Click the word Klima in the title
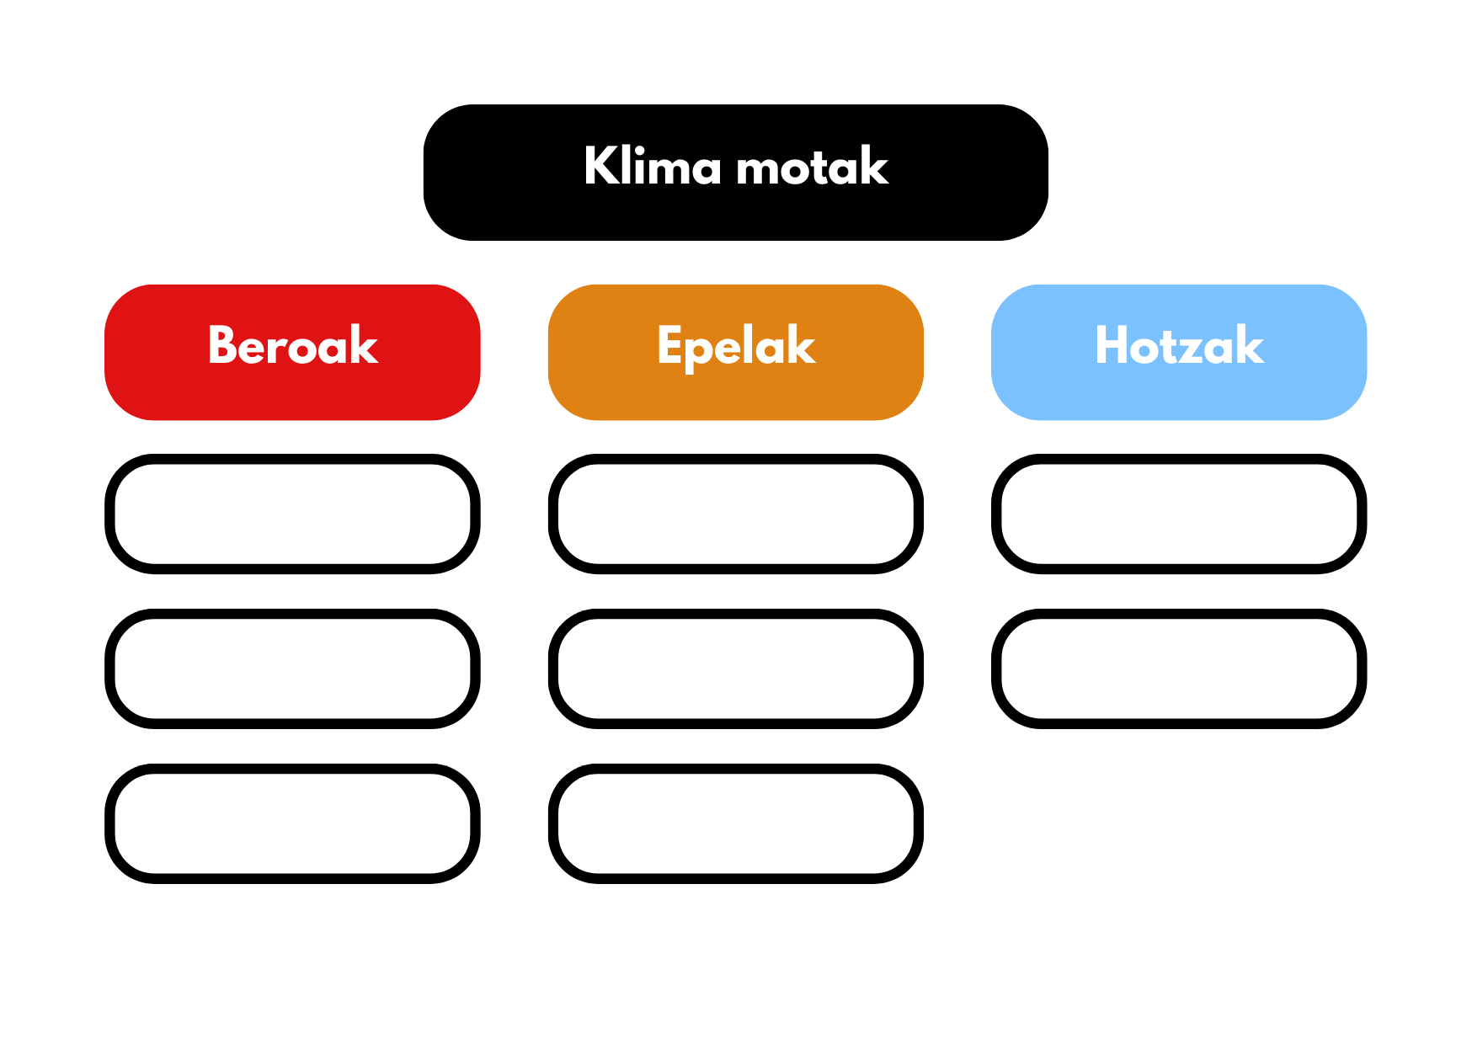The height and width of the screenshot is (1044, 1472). tap(653, 165)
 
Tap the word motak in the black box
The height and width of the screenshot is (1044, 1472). tap(813, 165)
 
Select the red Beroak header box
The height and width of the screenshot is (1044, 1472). tap(292, 352)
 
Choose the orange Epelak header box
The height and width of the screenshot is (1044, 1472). tap(736, 352)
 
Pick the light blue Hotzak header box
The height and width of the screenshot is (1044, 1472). tap(1179, 352)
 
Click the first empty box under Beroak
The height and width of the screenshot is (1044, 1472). tap(292, 461)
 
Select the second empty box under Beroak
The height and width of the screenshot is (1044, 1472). tap(292, 615)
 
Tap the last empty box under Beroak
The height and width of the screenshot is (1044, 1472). tap(292, 770)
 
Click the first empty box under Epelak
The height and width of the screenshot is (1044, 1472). tap(736, 461)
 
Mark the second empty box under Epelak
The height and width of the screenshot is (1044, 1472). tap(736, 615)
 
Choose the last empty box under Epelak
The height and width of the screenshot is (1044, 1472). tap(736, 770)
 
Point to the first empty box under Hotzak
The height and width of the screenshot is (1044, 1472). tap(1179, 461)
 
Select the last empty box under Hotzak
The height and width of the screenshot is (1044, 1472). tap(1179, 615)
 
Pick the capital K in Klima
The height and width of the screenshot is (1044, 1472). tap(601, 165)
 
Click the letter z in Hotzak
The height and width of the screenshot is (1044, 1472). tap(1194, 350)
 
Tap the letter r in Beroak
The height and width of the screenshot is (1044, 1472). tap(279, 350)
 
